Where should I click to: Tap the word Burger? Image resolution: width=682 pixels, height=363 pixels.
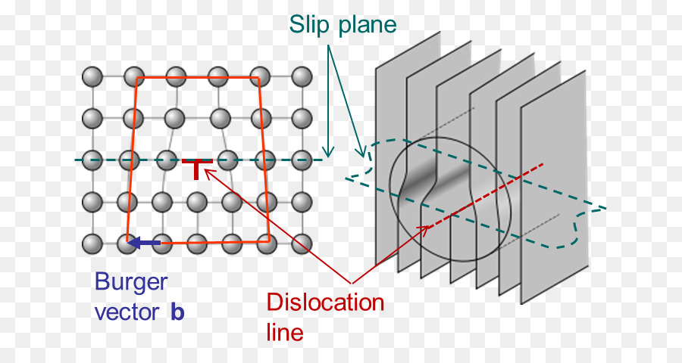click(x=131, y=282)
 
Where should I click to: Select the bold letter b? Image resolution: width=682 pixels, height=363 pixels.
click(x=177, y=312)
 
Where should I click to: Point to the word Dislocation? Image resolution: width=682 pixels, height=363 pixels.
click(x=325, y=303)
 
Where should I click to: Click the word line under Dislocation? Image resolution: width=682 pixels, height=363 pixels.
click(x=285, y=332)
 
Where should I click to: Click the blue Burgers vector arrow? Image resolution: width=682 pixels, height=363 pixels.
click(x=145, y=243)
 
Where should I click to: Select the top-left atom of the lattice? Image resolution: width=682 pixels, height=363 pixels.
click(x=92, y=76)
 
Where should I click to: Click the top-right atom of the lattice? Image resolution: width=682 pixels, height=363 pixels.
click(x=302, y=76)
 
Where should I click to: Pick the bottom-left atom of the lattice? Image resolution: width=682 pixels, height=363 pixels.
click(x=92, y=244)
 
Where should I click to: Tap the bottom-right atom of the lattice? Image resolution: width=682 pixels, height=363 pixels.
click(x=302, y=244)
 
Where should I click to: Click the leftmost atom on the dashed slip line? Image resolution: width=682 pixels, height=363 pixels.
click(x=92, y=160)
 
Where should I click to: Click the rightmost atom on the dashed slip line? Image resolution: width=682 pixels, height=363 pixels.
click(x=302, y=160)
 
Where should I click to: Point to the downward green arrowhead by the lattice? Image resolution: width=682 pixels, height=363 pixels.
click(x=327, y=152)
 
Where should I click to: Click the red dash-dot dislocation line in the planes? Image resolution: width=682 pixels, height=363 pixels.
click(x=485, y=195)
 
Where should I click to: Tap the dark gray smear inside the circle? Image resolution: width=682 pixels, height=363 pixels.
click(x=436, y=181)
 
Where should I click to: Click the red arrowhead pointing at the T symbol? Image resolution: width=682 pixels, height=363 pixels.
click(x=208, y=174)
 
